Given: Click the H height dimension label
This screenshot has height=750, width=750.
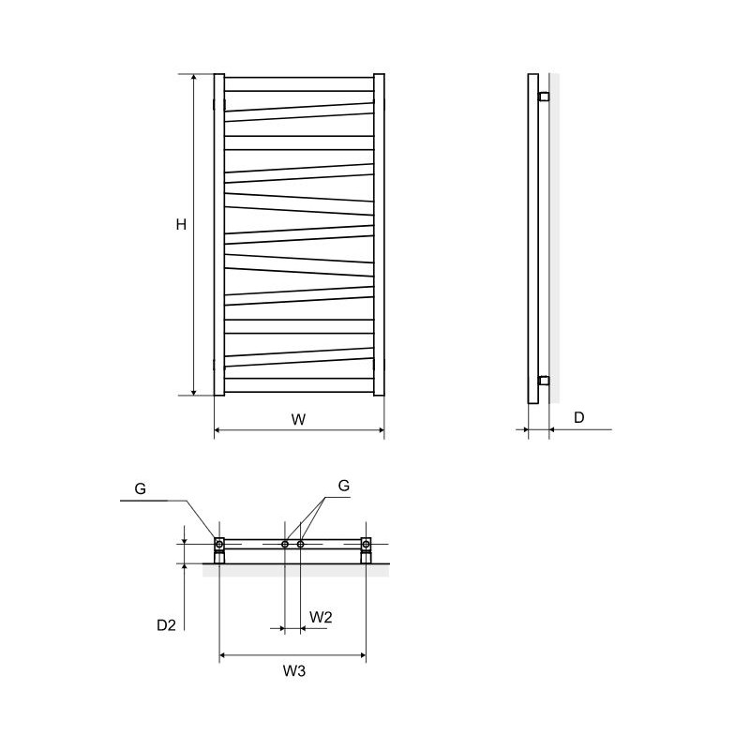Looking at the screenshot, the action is point(181,224).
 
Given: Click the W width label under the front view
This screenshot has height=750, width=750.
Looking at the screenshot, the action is point(298,419).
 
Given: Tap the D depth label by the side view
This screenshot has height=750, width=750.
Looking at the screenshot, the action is point(578,417).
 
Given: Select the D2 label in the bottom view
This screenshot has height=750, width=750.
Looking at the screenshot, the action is point(167,625).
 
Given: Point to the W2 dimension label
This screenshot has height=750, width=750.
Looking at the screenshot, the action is point(321,617).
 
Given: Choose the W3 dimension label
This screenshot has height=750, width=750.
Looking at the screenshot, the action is point(293,670).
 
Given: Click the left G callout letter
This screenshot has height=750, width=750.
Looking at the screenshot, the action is point(140,488).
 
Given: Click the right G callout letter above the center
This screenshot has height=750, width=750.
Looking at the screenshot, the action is point(343,486).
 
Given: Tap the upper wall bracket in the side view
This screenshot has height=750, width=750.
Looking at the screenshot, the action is point(544,97).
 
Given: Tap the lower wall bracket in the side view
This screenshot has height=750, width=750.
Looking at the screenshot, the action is point(544,381).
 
